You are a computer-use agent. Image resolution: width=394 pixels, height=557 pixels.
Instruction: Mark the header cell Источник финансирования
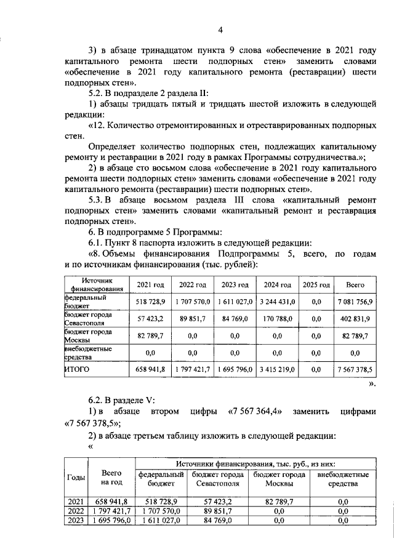[x=95, y=284]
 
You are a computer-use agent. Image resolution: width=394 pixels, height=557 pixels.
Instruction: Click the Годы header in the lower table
[x=75, y=478]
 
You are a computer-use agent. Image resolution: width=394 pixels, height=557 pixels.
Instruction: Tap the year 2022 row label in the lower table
[x=75, y=511]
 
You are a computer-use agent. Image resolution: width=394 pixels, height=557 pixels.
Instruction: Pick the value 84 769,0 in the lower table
[x=217, y=521]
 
